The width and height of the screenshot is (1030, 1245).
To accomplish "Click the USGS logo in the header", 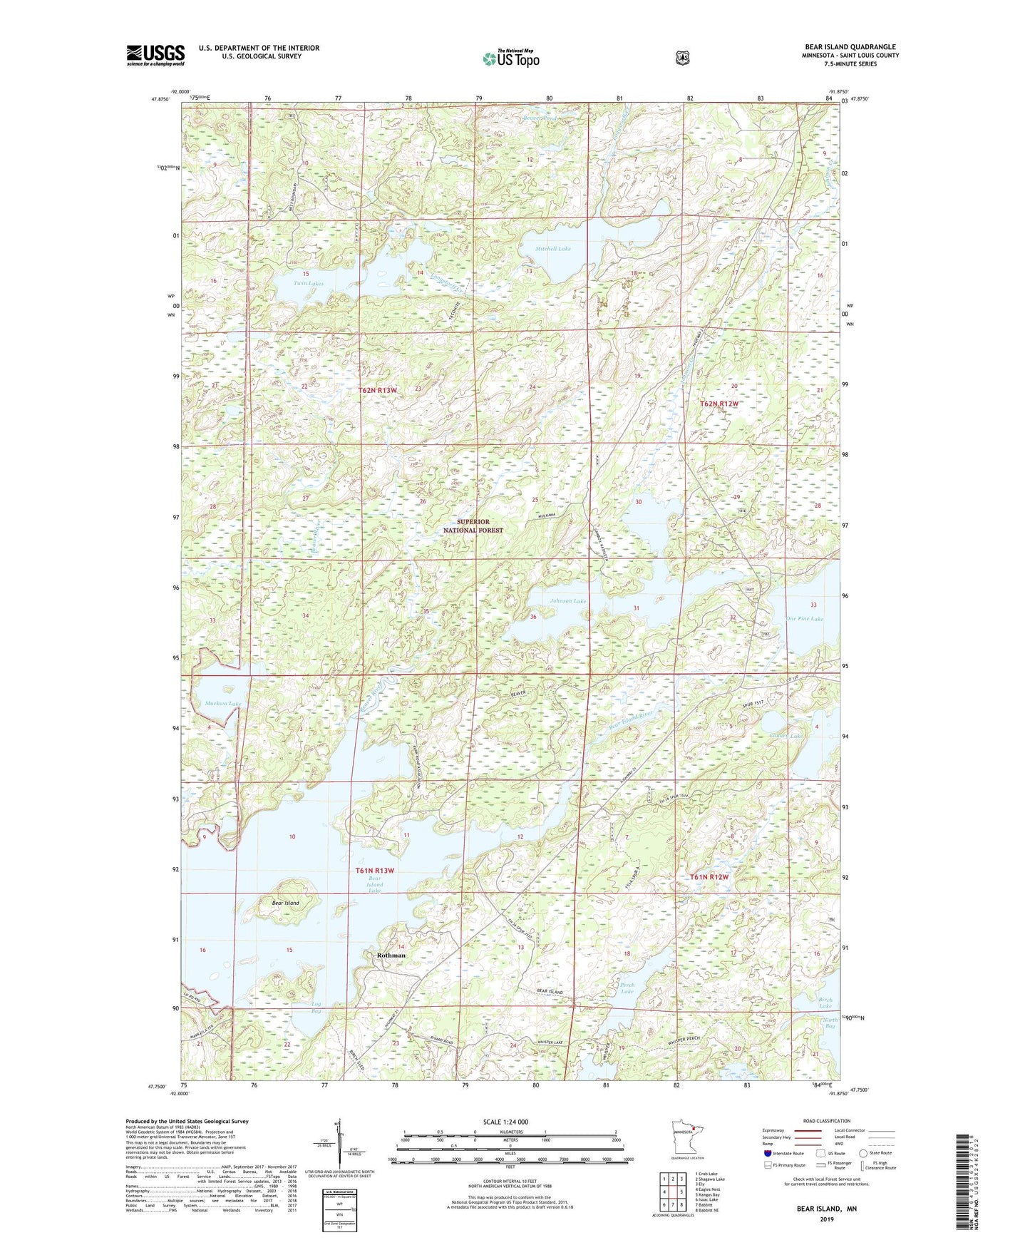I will (x=155, y=55).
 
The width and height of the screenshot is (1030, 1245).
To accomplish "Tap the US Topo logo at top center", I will (x=510, y=58).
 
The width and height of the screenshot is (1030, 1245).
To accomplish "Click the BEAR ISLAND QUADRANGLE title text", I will (x=840, y=47).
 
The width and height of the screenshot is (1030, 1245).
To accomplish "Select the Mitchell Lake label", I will (x=553, y=249).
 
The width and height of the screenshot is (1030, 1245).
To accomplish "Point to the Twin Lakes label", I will (x=308, y=283).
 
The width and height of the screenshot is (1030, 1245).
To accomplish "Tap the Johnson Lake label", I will (x=567, y=601).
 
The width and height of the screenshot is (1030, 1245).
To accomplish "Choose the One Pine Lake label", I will (x=804, y=619).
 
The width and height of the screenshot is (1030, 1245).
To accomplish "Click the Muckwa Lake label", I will (x=223, y=703).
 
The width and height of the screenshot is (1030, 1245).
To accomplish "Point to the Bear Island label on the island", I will (x=285, y=903).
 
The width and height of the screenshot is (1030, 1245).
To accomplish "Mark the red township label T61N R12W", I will (x=709, y=876).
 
